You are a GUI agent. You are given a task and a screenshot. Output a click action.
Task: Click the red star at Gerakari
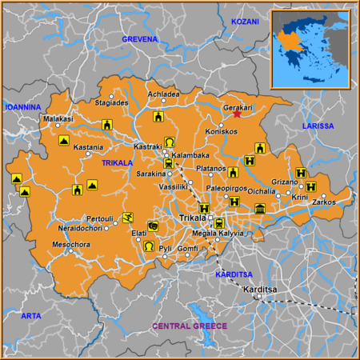click(x=237, y=115)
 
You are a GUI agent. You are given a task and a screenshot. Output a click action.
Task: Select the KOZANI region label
click(x=246, y=22)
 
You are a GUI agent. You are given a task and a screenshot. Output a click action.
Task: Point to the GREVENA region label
click(x=140, y=38)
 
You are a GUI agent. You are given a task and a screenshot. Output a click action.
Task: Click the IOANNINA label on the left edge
click(x=22, y=106)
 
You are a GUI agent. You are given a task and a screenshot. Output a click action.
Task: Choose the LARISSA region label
click(x=318, y=126)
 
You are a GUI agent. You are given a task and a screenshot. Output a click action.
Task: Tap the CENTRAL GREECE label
click(x=190, y=326)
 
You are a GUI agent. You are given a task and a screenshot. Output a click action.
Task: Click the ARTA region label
click(x=30, y=316)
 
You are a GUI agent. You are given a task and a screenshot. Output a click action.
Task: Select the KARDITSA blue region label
click(x=234, y=274)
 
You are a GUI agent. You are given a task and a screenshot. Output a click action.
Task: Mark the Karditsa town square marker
click(x=259, y=298)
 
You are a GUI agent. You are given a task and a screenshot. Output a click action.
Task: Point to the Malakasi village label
click(x=58, y=118)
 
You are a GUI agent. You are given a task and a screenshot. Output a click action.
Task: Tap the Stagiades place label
click(x=111, y=103)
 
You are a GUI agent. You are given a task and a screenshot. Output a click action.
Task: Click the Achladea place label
click(x=164, y=94)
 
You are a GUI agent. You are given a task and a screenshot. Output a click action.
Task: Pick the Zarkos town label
click(x=324, y=202)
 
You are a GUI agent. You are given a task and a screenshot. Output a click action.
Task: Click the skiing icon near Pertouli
click(x=128, y=218)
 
